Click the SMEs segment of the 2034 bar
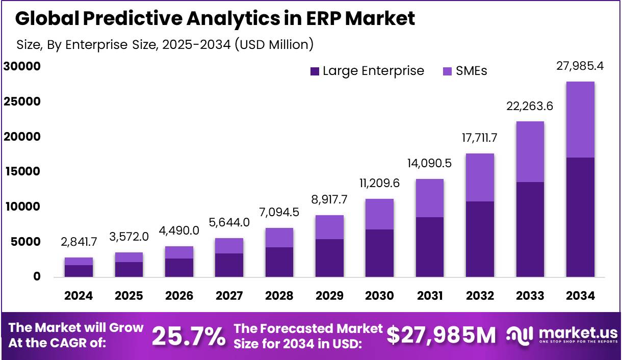(x=580, y=119)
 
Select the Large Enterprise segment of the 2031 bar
(x=429, y=247)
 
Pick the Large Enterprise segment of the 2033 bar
(x=530, y=229)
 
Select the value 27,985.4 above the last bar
(x=580, y=66)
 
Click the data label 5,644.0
(x=228, y=223)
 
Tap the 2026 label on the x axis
(x=179, y=296)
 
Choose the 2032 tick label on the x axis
(x=480, y=296)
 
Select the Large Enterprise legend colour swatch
(x=315, y=71)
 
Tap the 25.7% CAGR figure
(x=188, y=336)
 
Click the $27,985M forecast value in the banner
(x=440, y=335)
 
